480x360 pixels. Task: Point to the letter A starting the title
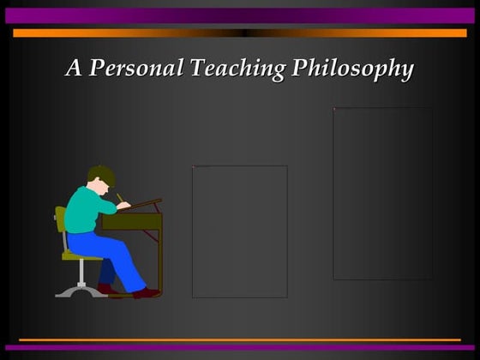[75, 68]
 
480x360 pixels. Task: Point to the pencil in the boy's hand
[120, 198]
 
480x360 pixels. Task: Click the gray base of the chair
[79, 291]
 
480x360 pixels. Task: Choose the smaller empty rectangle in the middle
[239, 231]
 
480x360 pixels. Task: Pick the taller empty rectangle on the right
[382, 193]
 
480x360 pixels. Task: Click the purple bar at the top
[240, 15]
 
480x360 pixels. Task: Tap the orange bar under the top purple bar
[240, 33]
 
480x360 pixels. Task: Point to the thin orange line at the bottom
[240, 339]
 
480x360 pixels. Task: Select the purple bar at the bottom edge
[240, 348]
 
